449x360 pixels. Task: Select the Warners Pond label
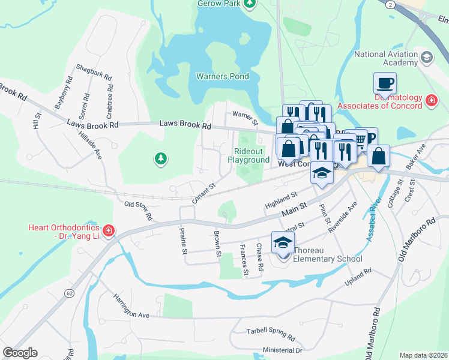click(222, 77)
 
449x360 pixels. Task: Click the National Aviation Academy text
click(386, 58)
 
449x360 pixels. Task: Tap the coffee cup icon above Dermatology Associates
click(385, 83)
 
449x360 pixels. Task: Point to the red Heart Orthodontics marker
click(109, 230)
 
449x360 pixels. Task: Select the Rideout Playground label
click(249, 156)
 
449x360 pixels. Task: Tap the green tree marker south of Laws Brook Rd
click(160, 158)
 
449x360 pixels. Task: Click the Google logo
click(20, 353)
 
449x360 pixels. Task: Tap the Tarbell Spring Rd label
click(271, 334)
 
